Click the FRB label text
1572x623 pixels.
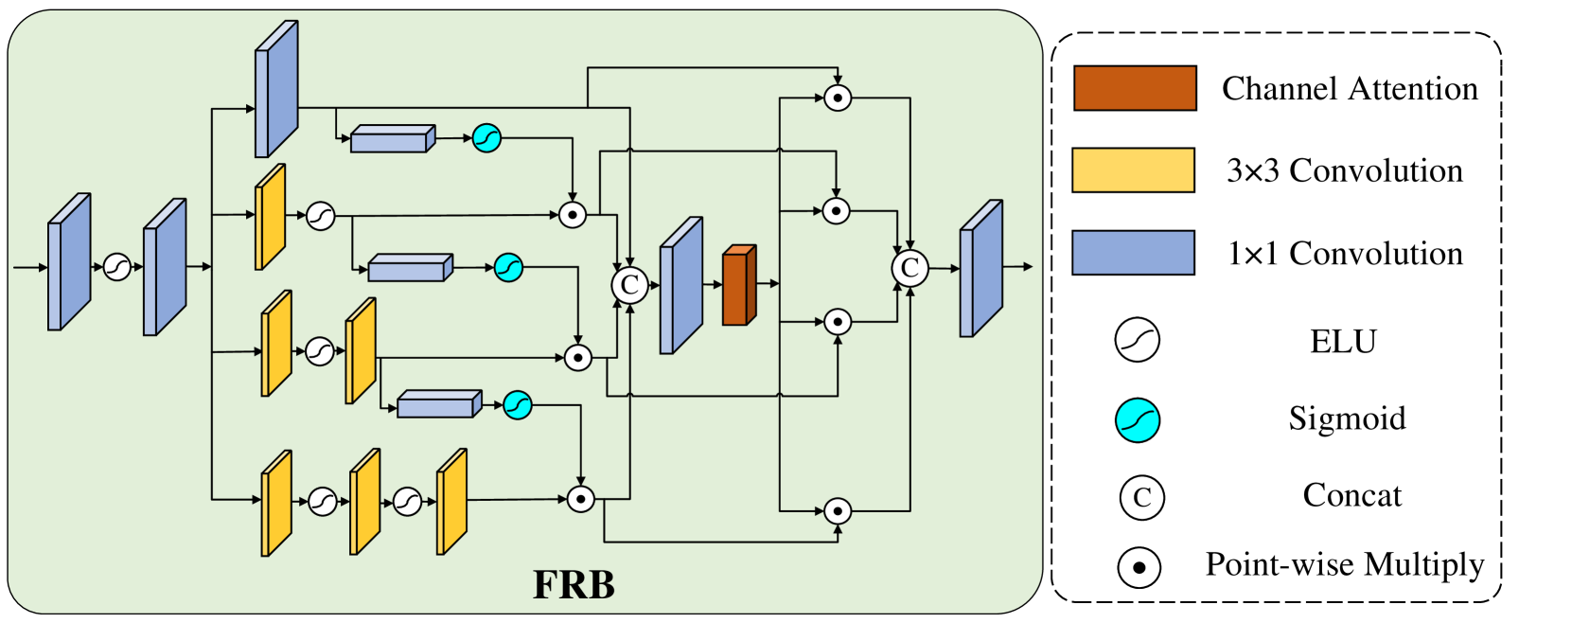pos(574,585)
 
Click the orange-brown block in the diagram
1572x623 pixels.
pos(738,286)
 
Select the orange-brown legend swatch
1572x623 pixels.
pos(1134,88)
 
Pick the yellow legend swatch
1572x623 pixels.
pos(1133,170)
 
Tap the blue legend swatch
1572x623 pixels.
pos(1133,253)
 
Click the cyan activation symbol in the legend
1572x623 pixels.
pos(1137,420)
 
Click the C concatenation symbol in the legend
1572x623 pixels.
pos(1141,497)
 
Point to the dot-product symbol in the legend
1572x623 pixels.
pos(1139,568)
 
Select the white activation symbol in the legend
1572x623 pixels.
pos(1137,340)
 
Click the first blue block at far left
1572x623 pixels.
pos(68,263)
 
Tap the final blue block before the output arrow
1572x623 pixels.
pos(980,269)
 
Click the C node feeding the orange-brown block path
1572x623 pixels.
pos(629,285)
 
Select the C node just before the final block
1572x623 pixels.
pos(910,268)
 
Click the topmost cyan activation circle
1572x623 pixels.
pos(486,138)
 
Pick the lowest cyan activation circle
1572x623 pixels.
pos(517,405)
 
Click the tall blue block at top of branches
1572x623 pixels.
pos(275,90)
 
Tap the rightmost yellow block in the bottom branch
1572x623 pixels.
pos(451,502)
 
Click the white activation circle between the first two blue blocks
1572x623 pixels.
pos(116,268)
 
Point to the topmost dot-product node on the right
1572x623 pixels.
pos(837,98)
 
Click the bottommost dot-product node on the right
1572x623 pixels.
pos(837,511)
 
